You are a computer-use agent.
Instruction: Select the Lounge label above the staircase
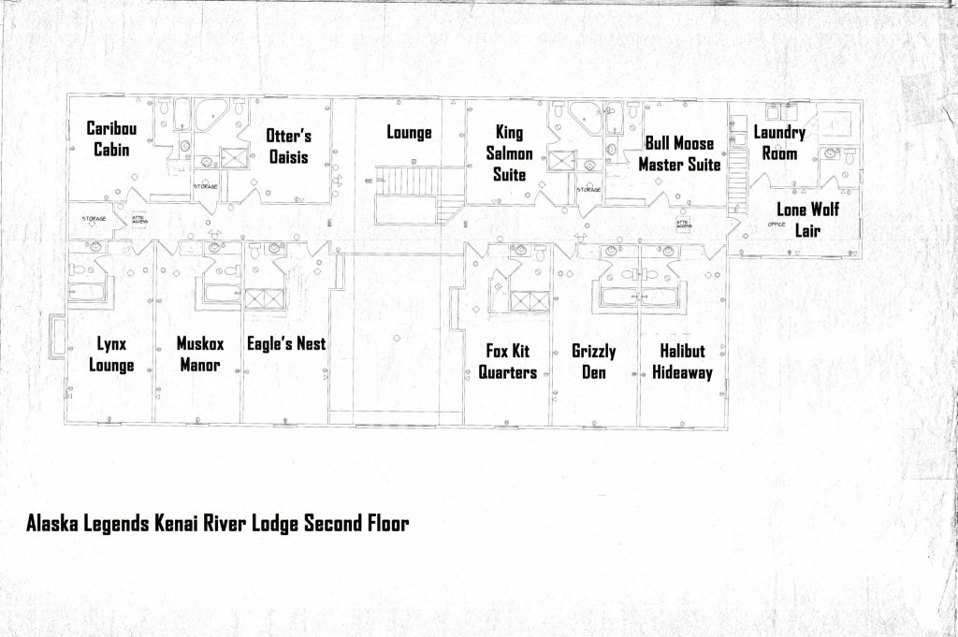(409, 133)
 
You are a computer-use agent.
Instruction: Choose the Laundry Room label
(779, 143)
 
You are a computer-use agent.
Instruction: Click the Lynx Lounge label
(111, 355)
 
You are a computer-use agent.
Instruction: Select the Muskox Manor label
(200, 354)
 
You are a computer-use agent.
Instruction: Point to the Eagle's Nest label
(286, 344)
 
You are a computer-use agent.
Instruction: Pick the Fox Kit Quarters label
(508, 362)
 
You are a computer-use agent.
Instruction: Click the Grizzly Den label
(594, 362)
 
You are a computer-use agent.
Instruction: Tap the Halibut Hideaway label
(682, 362)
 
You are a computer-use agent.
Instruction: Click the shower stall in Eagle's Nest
(264, 297)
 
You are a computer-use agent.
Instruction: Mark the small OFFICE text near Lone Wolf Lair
(777, 224)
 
